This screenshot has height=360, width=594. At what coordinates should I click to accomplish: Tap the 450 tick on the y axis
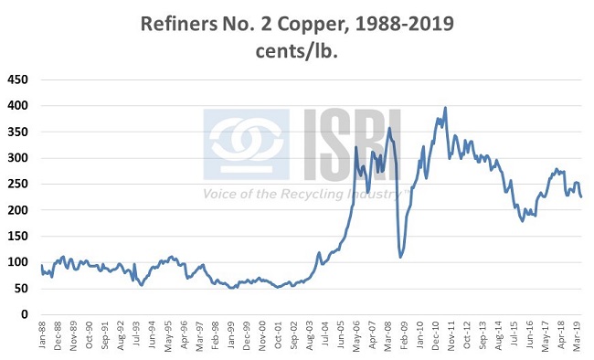(17, 79)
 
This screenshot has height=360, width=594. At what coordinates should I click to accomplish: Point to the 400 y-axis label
(17, 106)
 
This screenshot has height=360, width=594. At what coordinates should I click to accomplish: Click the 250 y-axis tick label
(17, 185)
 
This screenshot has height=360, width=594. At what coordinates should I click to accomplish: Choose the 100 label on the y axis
(17, 263)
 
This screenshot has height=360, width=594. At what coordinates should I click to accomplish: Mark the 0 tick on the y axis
(24, 315)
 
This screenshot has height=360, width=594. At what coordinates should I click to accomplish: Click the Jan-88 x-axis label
(43, 335)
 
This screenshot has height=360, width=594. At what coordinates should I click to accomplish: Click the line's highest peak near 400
(445, 108)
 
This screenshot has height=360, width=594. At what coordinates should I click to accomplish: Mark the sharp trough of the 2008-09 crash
(400, 257)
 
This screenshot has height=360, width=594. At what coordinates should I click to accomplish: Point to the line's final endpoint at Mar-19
(582, 196)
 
